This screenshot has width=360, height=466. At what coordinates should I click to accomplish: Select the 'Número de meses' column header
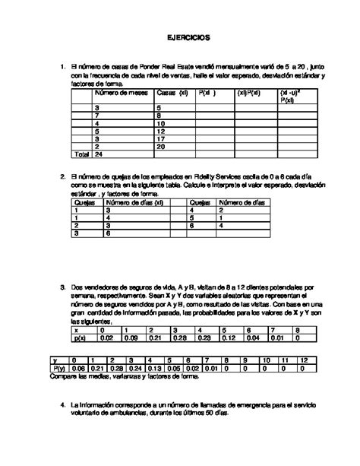click(120, 94)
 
